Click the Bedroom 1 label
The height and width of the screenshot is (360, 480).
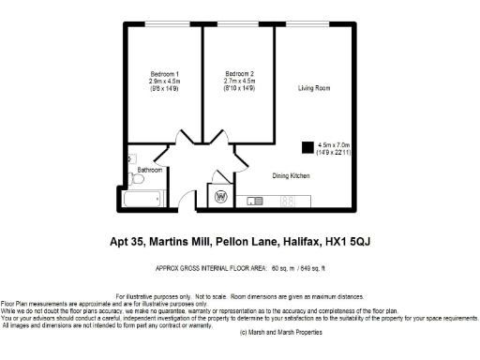point(164,74)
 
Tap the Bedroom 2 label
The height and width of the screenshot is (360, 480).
point(240,74)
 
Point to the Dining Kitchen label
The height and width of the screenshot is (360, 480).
point(291,175)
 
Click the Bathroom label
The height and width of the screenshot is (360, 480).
point(150,171)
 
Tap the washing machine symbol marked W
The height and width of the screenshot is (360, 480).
point(222,197)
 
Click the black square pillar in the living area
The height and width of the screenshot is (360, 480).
point(307,146)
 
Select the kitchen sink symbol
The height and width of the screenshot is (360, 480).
point(255,201)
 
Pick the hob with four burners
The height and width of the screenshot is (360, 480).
point(289,201)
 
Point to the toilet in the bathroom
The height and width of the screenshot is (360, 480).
point(135,177)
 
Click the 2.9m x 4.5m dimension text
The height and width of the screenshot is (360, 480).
point(164,82)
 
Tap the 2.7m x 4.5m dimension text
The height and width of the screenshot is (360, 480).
point(240,82)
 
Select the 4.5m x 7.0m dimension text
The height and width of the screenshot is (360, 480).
point(333,145)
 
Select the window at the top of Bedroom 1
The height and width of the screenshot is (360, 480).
point(163,24)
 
